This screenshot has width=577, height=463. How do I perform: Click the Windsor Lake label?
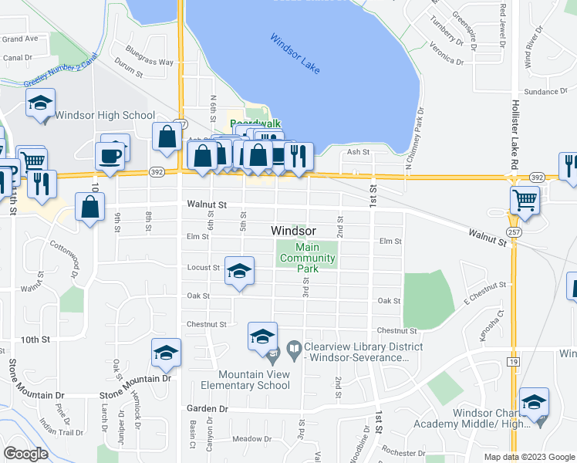(295, 54)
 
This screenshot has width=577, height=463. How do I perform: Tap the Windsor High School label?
(105, 116)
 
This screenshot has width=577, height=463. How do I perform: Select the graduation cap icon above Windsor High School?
(40, 103)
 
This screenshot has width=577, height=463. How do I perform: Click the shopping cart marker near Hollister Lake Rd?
(525, 201)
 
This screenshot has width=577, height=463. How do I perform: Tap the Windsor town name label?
(293, 231)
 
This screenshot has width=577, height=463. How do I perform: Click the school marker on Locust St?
(239, 271)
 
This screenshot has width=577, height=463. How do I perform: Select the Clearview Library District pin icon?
(293, 350)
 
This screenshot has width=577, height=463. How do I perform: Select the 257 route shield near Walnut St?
(513, 232)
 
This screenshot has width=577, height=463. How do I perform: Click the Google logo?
(26, 454)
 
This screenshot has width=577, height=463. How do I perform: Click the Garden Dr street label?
(208, 408)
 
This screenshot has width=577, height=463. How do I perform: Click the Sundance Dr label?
(545, 92)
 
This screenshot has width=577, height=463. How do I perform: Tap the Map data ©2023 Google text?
(529, 457)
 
